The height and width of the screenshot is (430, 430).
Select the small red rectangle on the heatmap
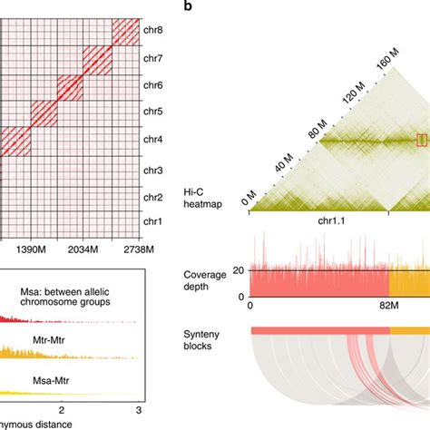[421, 139]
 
